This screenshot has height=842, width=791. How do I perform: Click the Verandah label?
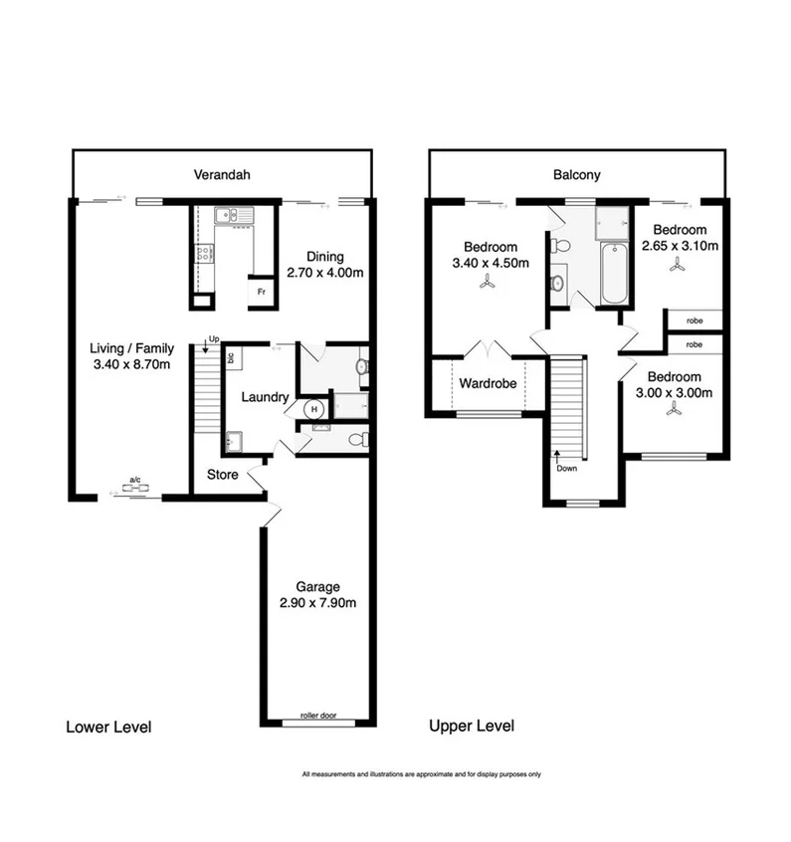coord(222,175)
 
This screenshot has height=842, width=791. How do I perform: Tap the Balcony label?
coord(577,175)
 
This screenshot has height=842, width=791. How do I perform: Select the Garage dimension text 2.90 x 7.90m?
coord(317,602)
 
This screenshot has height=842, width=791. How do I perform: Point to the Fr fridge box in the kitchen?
coord(261,291)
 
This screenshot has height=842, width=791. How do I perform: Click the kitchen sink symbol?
coord(232,214)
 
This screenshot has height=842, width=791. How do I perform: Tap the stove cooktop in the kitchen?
coord(204,253)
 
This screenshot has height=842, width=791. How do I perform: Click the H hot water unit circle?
coord(313,407)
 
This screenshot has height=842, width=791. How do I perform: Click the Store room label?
coord(222,475)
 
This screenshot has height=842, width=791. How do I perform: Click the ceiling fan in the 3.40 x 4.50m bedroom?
coord(488,283)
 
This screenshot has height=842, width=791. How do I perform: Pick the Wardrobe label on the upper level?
coord(487,381)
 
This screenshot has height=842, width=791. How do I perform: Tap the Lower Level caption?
coord(108,727)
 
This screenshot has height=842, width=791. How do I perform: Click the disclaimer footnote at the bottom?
coord(421,773)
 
